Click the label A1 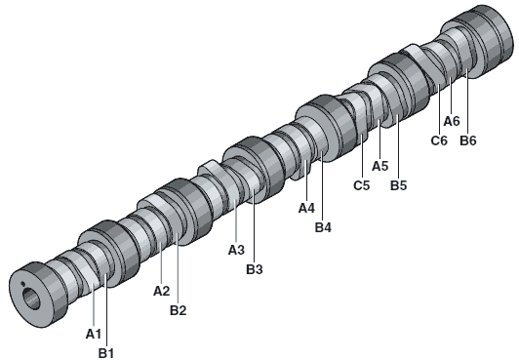click(94, 335)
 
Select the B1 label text click(106, 353)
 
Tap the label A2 click(162, 291)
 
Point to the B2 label click(179, 310)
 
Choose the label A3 click(236, 250)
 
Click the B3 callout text click(255, 269)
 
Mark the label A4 click(306, 208)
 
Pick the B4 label click(323, 227)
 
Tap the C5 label click(361, 185)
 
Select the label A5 click(380, 166)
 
